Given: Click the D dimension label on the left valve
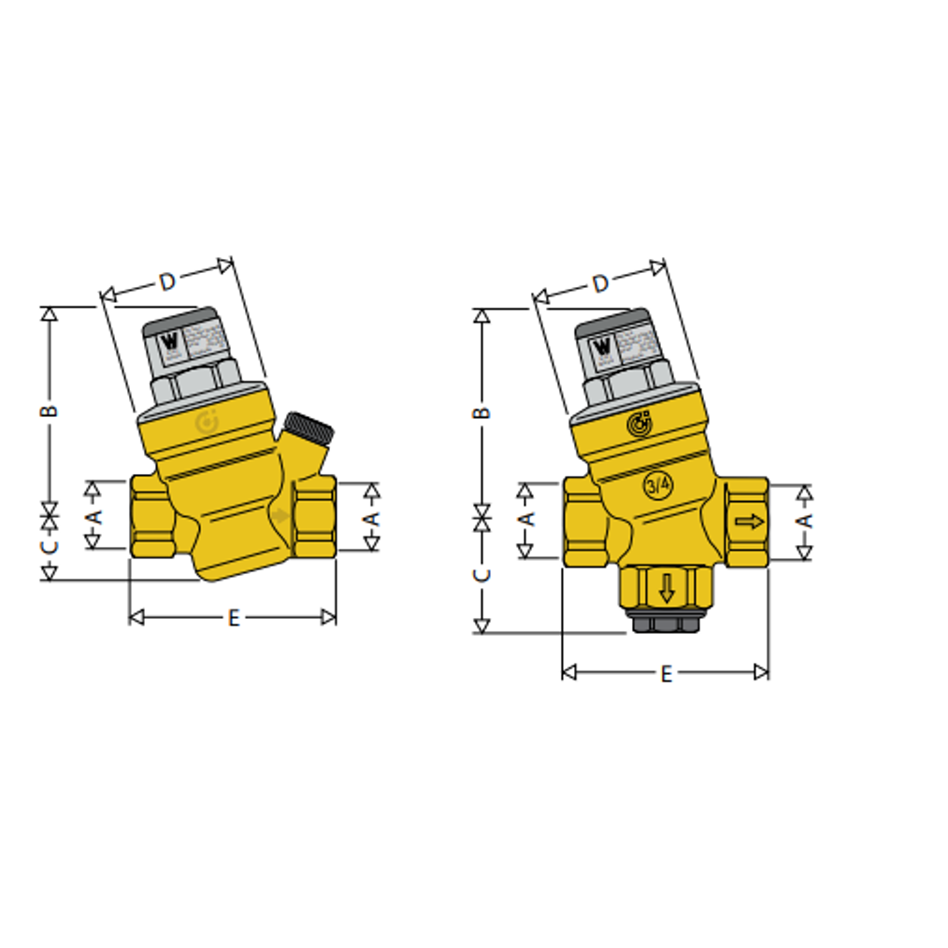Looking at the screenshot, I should click(167, 281).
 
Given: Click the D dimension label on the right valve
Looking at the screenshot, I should click(600, 284).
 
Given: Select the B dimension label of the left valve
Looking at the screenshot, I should click(50, 410).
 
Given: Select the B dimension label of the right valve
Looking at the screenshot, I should click(482, 413).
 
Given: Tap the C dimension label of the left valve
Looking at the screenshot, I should click(50, 546).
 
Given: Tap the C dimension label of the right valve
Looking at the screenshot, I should click(482, 576).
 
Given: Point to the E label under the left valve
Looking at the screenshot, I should click(233, 618).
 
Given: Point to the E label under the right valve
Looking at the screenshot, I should click(666, 673).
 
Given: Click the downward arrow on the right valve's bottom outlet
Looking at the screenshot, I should click(667, 587).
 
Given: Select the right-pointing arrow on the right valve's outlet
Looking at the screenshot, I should click(750, 522).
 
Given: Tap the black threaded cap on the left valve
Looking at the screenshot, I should click(312, 427).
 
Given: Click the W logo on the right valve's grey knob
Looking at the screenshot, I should click(603, 346).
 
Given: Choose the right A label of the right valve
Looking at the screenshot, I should click(803, 521).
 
